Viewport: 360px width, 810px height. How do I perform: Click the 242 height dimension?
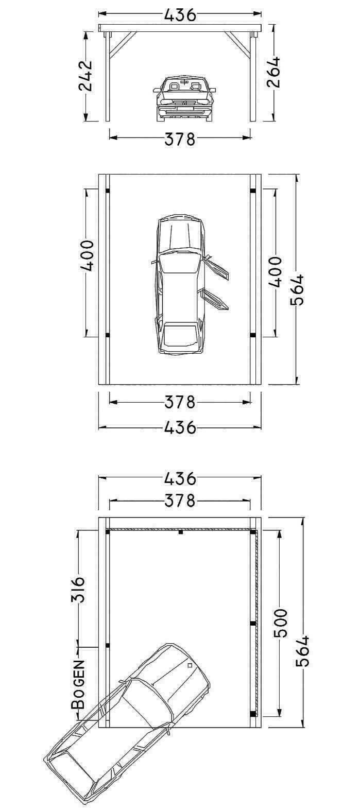85,76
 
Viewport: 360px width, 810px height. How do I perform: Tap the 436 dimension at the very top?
180,15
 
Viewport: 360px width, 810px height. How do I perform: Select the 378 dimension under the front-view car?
180,139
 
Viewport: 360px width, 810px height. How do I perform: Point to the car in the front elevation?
184,98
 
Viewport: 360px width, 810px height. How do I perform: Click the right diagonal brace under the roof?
237,45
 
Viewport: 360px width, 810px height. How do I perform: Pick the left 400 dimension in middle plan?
87,255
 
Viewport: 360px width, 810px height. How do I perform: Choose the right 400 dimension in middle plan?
275,272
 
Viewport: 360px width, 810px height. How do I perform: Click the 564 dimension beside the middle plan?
298,289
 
